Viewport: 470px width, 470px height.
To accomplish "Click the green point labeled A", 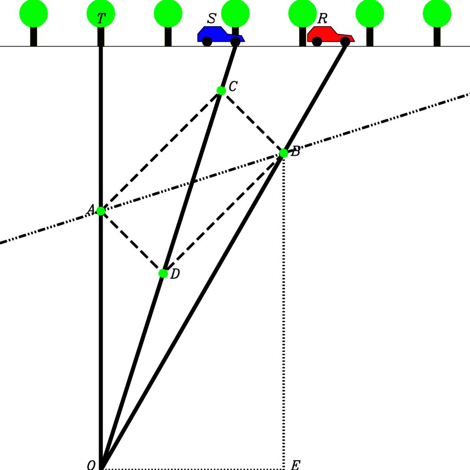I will [x=101, y=211].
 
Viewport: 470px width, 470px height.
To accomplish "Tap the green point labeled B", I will [x=284, y=153].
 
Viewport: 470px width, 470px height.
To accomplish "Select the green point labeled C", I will [x=221, y=90].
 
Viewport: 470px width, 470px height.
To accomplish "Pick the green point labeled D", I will [x=163, y=273].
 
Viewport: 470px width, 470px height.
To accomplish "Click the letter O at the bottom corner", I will [x=91, y=465].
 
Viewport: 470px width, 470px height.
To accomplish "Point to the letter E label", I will [x=295, y=465].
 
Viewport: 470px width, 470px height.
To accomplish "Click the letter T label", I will [x=101, y=19].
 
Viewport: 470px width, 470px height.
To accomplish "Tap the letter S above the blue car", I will [x=212, y=19].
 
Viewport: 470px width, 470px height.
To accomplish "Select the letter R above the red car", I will [x=323, y=19].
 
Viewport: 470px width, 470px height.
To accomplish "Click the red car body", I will [x=328, y=34].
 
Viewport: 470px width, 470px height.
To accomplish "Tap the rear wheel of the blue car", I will [x=207, y=42].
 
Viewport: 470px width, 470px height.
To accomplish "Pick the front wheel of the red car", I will [x=345, y=42].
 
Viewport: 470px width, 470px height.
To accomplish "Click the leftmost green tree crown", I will [x=34, y=13].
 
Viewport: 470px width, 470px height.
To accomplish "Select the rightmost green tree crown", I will [x=437, y=13].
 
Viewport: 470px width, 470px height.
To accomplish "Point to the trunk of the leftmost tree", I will [x=34, y=37].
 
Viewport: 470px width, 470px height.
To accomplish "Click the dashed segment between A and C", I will [x=161, y=151].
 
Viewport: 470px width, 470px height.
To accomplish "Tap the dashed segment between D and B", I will [x=223, y=213].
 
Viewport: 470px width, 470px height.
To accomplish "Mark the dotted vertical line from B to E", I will [x=284, y=312].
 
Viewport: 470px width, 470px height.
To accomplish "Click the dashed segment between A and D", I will [x=132, y=242].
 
